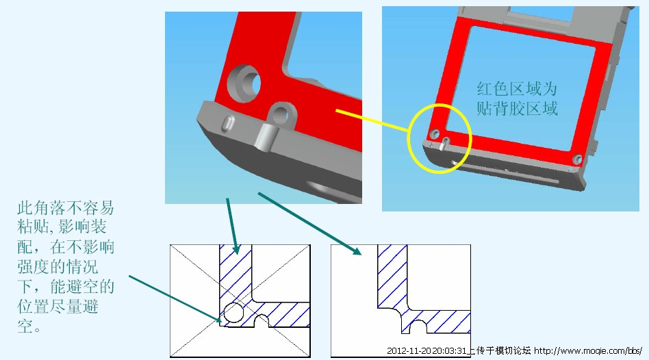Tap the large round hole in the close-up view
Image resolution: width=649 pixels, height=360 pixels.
245,83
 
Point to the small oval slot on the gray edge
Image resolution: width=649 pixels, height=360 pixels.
228,123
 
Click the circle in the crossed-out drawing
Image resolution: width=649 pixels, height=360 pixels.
233,312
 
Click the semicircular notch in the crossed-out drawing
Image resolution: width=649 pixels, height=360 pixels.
261,321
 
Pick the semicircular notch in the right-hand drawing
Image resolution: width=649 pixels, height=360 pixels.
418,326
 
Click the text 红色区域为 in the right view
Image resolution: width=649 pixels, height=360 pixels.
517,88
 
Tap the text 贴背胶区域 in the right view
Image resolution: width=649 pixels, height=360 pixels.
517,108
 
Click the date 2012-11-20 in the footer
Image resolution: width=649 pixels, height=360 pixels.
409,351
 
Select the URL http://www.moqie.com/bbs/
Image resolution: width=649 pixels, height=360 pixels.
588,351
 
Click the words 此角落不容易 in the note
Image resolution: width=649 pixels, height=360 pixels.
66,208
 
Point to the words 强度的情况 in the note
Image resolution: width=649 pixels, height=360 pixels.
58,267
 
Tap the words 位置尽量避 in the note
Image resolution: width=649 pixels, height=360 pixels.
58,307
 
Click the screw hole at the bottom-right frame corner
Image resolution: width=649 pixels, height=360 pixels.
577,159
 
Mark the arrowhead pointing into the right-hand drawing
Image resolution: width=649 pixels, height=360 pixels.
357,250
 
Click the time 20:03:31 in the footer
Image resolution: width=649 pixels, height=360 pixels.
450,351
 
